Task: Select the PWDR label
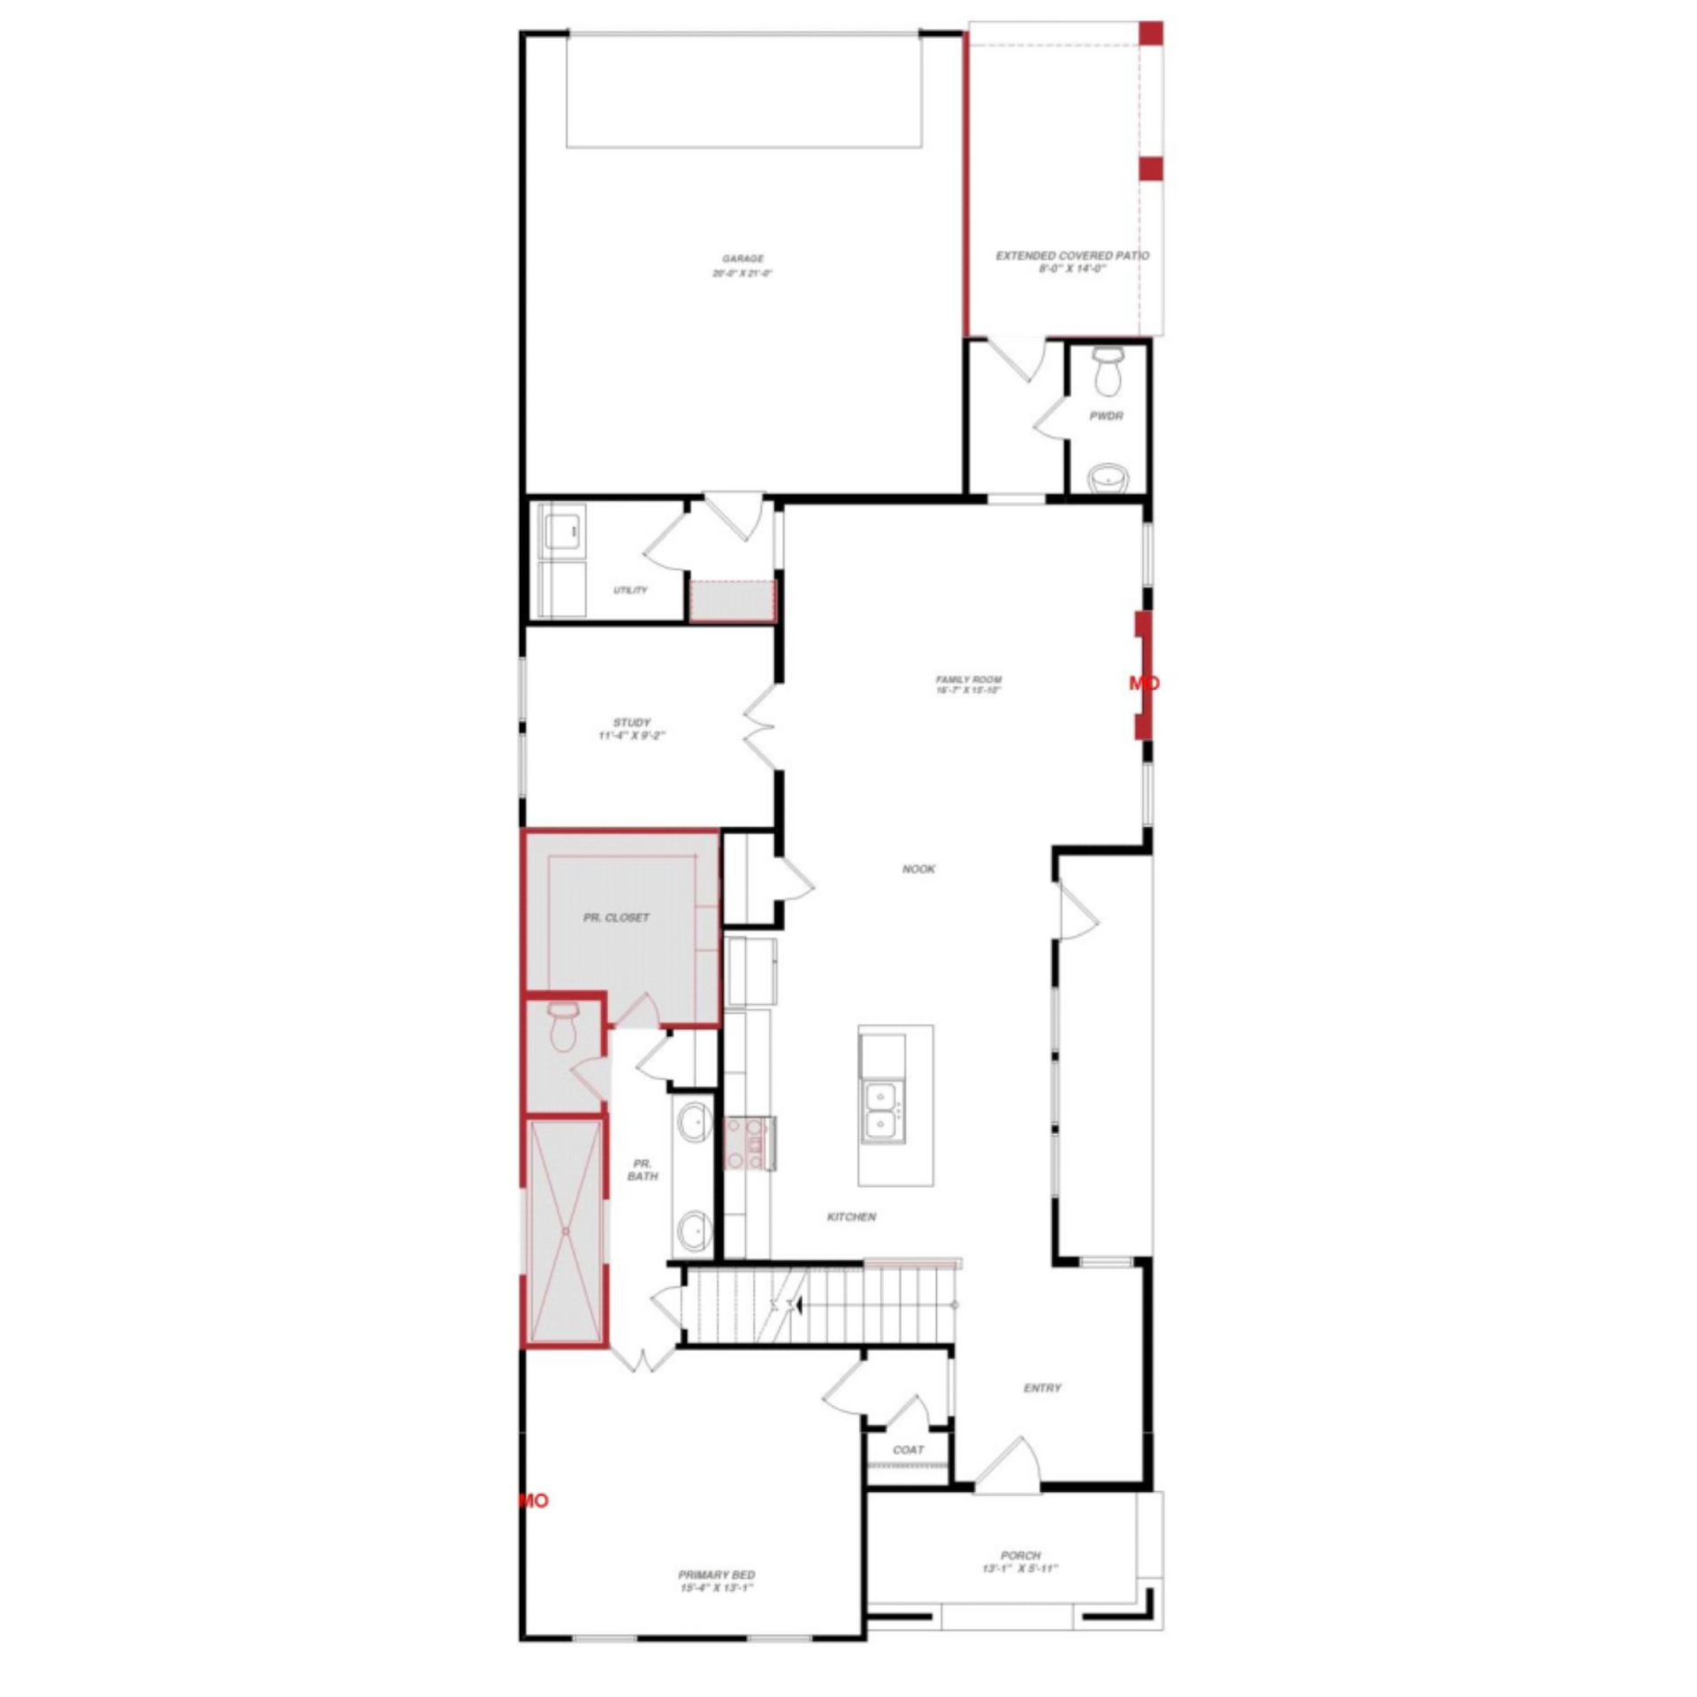pyautogui.click(x=1106, y=415)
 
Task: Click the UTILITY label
pyautogui.click(x=630, y=590)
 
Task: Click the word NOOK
pyautogui.click(x=918, y=869)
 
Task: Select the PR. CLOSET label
pyautogui.click(x=616, y=917)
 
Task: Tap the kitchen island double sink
pyautogui.click(x=882, y=1110)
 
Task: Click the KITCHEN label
pyautogui.click(x=851, y=1217)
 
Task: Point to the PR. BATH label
pyautogui.click(x=643, y=1169)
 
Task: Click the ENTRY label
pyautogui.click(x=1042, y=1389)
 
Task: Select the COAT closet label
pyautogui.click(x=908, y=1450)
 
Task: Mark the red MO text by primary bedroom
pyautogui.click(x=534, y=1501)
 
